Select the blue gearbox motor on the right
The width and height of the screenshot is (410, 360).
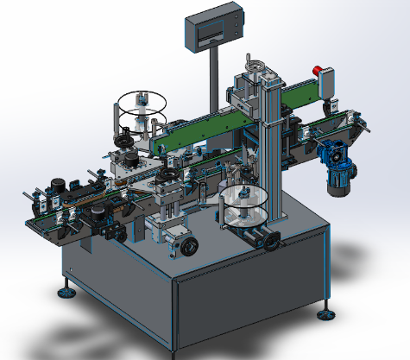(x=332, y=155)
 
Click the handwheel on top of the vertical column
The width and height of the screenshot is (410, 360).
(x=256, y=64)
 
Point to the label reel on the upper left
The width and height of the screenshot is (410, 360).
(x=140, y=104)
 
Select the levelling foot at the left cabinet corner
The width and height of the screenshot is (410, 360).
(x=66, y=292)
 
